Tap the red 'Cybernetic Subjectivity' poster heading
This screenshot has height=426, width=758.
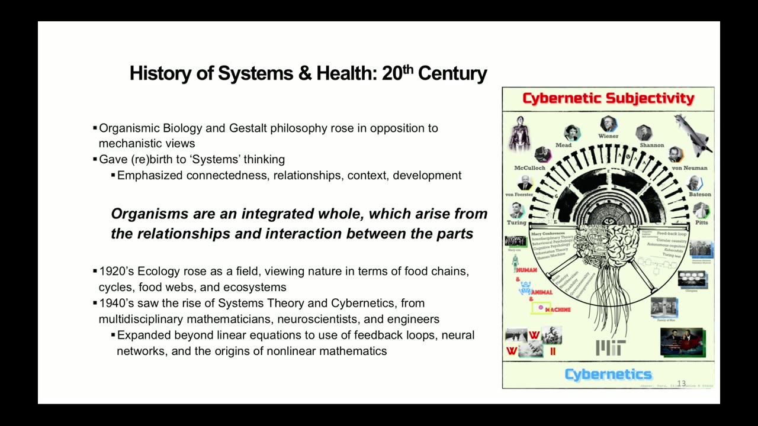(608, 98)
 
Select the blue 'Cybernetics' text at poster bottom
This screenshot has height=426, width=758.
(608, 374)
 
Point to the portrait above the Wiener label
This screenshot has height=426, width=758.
(608, 124)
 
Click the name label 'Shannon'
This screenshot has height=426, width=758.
(651, 145)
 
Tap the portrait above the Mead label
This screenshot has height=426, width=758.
(571, 133)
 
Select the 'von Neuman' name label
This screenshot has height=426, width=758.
(689, 168)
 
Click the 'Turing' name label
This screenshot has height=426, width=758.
(516, 222)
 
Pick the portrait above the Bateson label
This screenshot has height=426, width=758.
(695, 183)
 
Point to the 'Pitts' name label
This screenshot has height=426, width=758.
(701, 222)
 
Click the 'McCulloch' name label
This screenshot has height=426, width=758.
(529, 168)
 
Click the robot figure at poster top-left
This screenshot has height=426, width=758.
(519, 133)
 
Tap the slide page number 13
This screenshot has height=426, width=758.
(681, 383)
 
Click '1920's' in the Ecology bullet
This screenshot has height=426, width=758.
(117, 272)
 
